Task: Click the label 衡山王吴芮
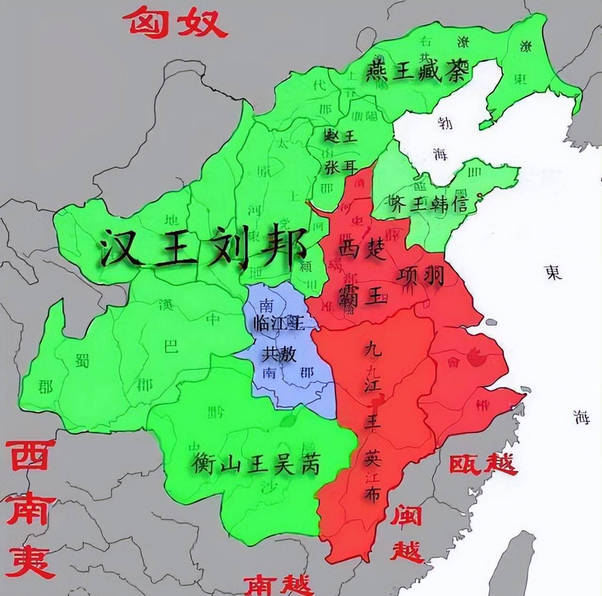(x=256, y=465)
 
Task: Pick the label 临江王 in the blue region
(x=278, y=324)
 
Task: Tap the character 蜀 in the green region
(x=82, y=361)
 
